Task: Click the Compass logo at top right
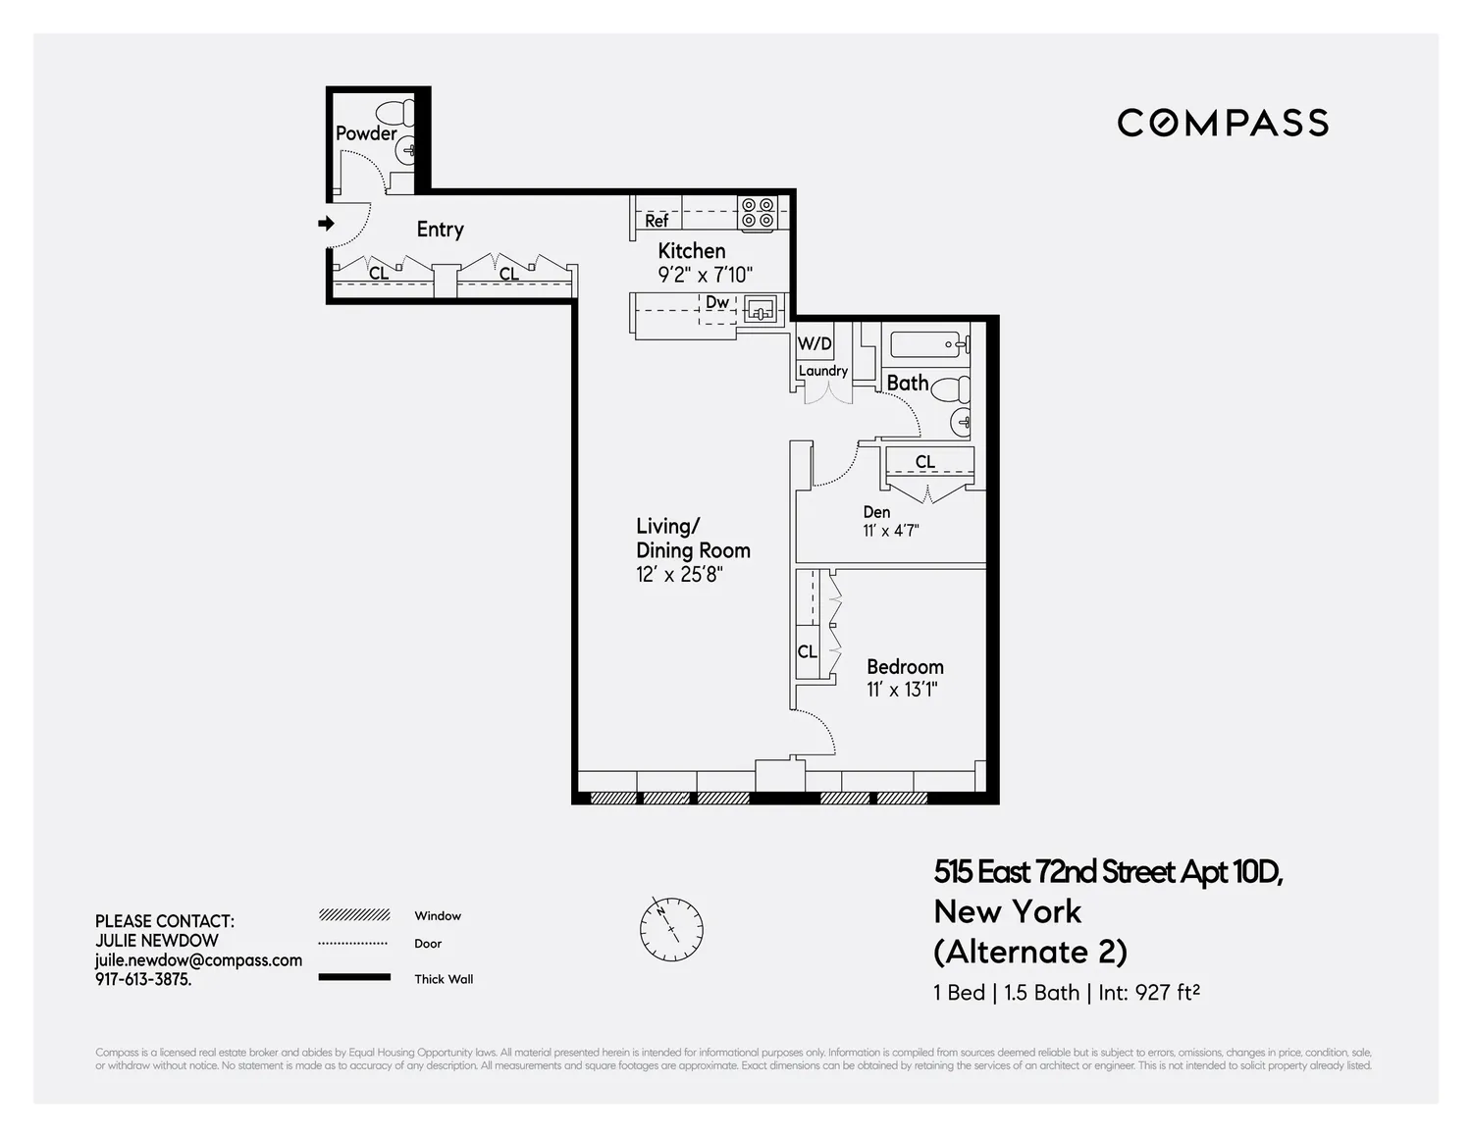point(1222,123)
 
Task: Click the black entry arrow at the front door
point(327,223)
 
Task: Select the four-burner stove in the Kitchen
point(758,212)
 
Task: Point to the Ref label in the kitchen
point(657,221)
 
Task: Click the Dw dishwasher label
point(717,302)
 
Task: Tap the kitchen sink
point(761,312)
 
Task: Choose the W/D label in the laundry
point(815,343)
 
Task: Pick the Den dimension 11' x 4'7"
point(890,530)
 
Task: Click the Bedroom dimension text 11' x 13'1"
point(902,690)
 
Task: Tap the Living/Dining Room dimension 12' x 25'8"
point(679,574)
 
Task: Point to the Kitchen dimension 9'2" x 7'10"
point(706,275)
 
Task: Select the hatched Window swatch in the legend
point(354,915)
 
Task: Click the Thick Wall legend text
point(444,978)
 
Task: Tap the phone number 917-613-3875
point(143,979)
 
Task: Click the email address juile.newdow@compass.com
point(198,960)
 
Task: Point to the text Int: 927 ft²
point(1149,992)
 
